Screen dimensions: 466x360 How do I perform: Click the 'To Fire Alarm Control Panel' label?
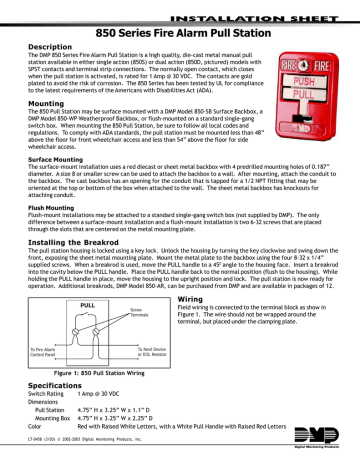[42, 377]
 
